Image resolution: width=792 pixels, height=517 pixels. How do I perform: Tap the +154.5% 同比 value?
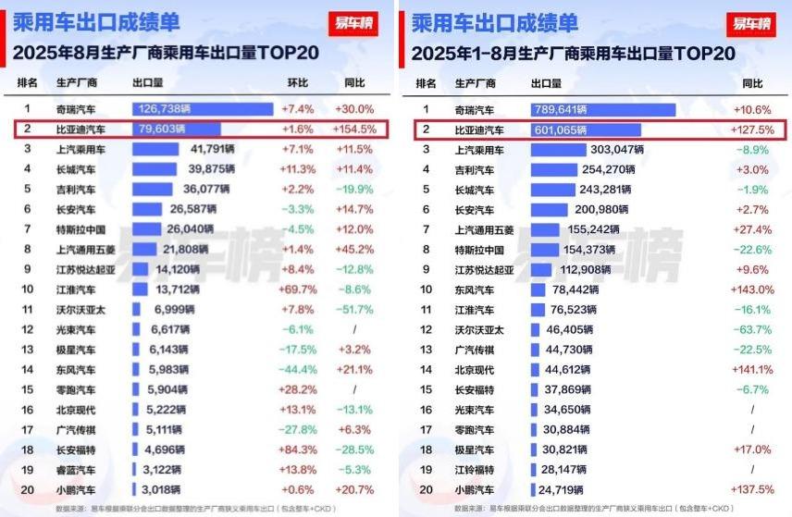coord(353,129)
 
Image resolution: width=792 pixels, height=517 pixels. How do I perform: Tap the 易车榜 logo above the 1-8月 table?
coord(751,24)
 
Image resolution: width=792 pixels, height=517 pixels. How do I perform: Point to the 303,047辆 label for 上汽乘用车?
coord(617,150)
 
